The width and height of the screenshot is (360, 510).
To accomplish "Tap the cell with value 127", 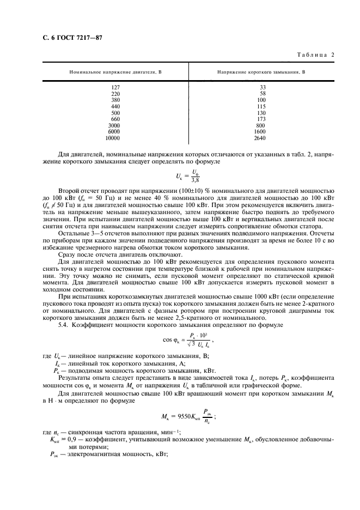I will [115, 87].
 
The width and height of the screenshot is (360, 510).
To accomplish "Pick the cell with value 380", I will [115, 100].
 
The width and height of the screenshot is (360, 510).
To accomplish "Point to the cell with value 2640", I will [261, 138].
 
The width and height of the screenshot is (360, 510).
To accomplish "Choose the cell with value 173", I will [261, 119].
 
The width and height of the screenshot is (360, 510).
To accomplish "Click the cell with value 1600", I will [261, 132].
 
